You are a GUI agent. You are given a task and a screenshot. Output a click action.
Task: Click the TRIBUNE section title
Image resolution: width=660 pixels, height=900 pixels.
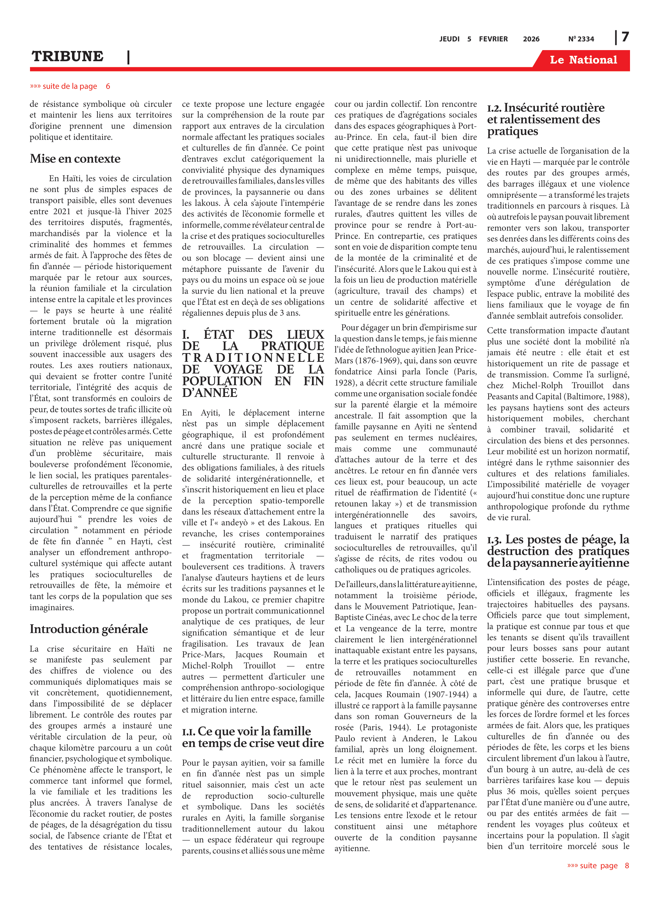tap(67, 56)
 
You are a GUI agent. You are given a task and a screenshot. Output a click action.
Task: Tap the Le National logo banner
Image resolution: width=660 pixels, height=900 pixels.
tap(583, 60)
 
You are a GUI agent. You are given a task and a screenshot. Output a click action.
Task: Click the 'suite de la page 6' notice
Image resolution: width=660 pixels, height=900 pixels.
tap(70, 86)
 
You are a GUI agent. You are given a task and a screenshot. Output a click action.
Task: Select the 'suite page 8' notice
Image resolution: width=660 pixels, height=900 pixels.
tap(598, 865)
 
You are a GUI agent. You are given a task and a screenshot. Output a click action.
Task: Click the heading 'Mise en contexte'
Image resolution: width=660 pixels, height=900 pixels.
tap(75, 159)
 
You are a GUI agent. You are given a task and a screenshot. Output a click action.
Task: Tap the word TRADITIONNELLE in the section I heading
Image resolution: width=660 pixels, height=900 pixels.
tap(253, 358)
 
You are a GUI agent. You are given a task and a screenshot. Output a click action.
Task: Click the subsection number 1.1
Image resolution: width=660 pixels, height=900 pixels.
tap(189, 732)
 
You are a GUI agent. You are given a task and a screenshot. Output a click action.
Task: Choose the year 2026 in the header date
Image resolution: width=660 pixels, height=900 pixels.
tap(531, 39)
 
